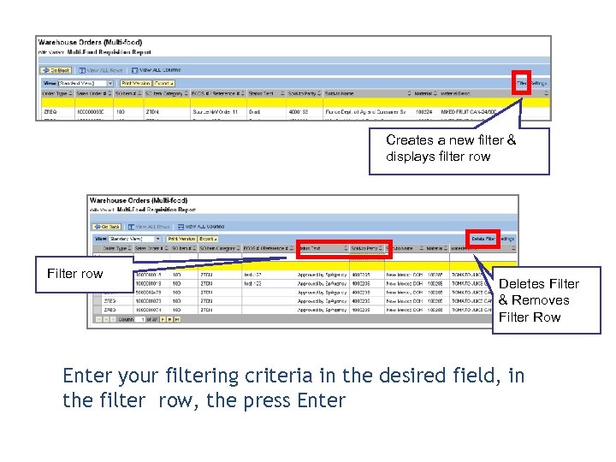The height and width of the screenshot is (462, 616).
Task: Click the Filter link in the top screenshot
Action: pos(521,83)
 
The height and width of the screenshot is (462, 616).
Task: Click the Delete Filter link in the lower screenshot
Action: pos(483,238)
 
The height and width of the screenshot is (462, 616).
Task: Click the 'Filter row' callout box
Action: pos(74,274)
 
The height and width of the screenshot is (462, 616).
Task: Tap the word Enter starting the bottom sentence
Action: pos(89,376)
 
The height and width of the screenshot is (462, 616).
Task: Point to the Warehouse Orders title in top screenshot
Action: pos(89,42)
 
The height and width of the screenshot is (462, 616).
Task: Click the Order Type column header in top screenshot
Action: pos(56,93)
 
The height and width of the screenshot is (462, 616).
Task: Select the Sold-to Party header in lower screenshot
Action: pos(366,249)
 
